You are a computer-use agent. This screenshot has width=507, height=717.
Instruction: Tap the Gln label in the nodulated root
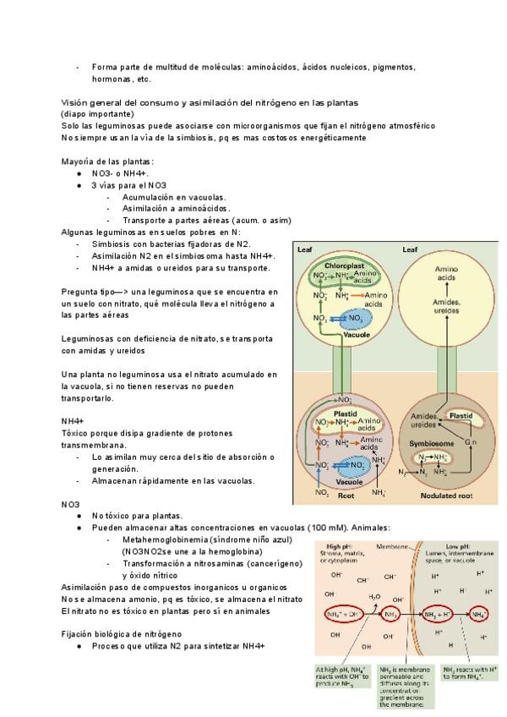pyautogui.click(x=471, y=442)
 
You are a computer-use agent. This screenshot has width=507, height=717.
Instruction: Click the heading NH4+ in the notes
pyautogui.click(x=72, y=420)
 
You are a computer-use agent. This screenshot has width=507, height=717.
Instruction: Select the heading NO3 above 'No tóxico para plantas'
pyautogui.click(x=69, y=503)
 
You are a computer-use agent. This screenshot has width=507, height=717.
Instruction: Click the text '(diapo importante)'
pyautogui.click(x=96, y=112)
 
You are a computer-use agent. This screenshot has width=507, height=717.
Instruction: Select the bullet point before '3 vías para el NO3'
pyautogui.click(x=79, y=184)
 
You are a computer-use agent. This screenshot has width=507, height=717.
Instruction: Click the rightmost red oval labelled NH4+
pyautogui.click(x=480, y=613)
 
